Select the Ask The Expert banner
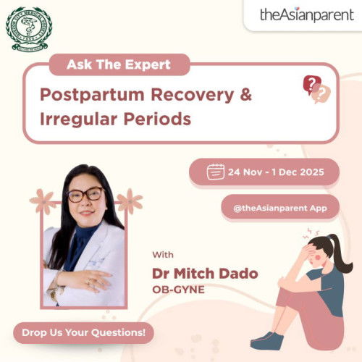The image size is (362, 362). pos(119,64)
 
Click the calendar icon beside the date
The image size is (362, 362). pos(215,172)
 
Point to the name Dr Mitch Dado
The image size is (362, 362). pos(204,274)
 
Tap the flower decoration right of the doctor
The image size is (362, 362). pos(129,200)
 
